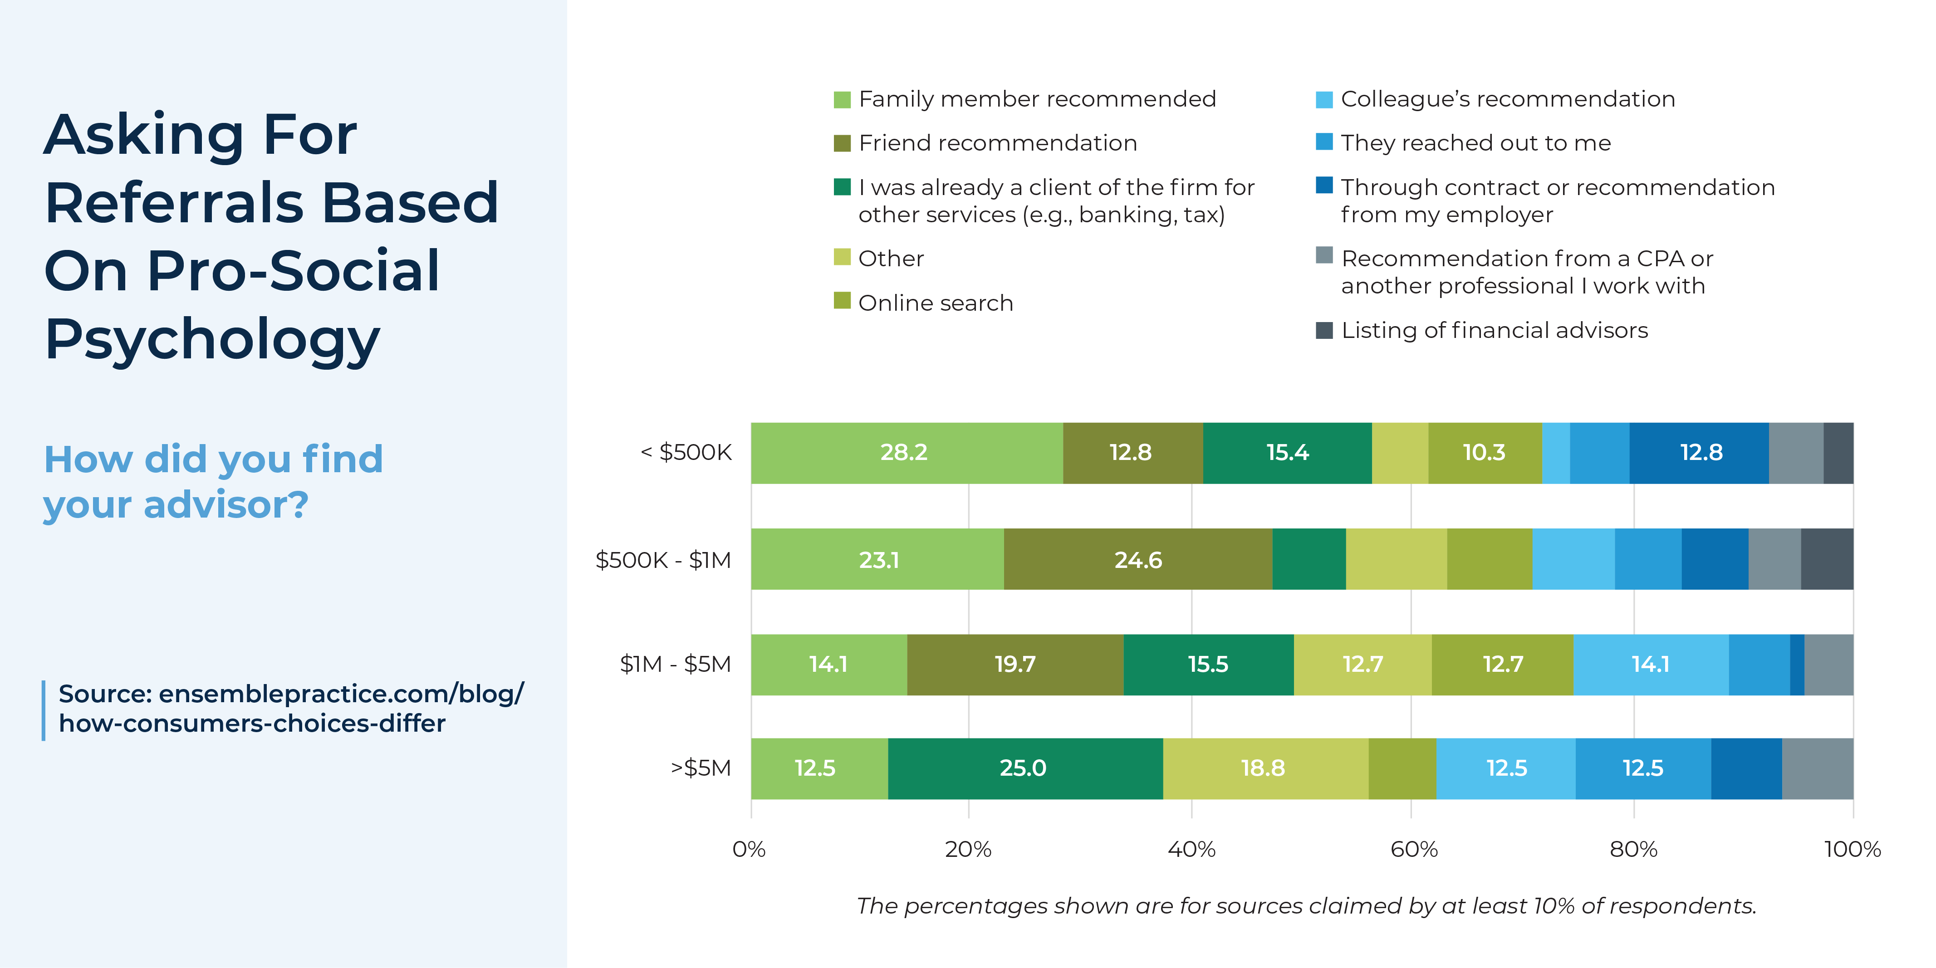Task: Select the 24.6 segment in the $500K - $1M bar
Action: [1138, 559]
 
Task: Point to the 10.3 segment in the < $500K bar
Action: [1484, 452]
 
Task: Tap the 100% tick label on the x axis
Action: [1852, 849]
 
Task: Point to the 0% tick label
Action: [749, 849]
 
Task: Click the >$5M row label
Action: [701, 768]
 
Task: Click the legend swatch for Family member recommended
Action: [842, 99]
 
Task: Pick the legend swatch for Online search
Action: [842, 301]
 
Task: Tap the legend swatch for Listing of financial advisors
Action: [1324, 330]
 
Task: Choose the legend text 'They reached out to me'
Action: [1475, 143]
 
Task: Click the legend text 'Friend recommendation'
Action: [997, 143]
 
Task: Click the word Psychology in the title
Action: [213, 340]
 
